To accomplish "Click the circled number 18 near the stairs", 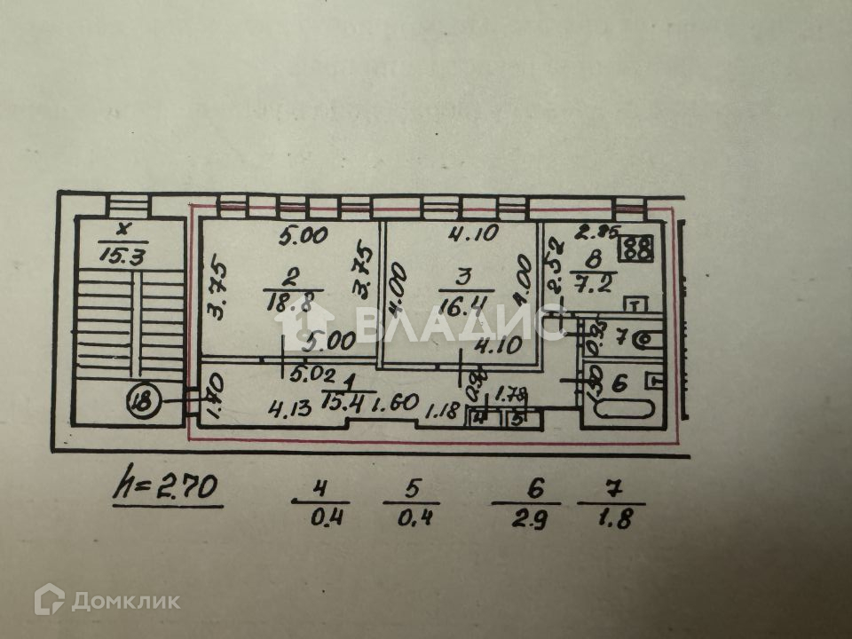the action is (143, 401).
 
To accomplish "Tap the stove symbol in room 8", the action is (636, 247).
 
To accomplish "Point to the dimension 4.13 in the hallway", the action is (289, 410).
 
